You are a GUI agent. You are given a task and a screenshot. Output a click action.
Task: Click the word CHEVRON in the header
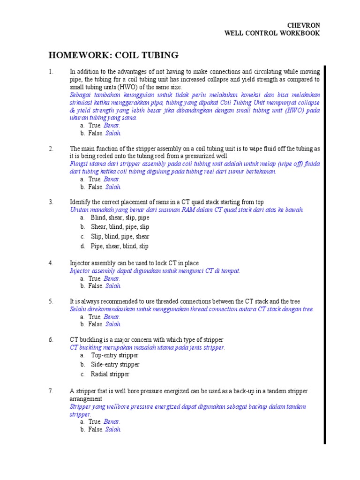click(x=304, y=25)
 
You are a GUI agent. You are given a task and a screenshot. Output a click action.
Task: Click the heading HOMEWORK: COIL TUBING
click(x=113, y=55)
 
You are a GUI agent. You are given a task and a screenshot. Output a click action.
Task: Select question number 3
click(x=51, y=202)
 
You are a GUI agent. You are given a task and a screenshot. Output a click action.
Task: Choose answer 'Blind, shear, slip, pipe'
click(x=120, y=217)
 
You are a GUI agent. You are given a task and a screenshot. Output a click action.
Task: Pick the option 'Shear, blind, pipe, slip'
click(x=120, y=227)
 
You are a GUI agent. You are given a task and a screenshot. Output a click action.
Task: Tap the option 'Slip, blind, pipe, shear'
click(x=120, y=237)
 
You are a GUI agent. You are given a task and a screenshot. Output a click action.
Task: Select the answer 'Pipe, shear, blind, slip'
click(x=120, y=246)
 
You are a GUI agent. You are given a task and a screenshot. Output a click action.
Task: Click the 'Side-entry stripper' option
click(x=115, y=364)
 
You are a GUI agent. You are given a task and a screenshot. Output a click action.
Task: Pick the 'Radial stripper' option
click(x=110, y=374)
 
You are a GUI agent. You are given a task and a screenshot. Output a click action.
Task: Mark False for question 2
click(x=96, y=187)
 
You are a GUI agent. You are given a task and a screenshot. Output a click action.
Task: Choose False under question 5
click(x=96, y=324)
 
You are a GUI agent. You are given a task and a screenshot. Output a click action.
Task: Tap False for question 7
click(x=96, y=429)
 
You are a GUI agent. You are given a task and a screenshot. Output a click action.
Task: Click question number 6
click(x=51, y=339)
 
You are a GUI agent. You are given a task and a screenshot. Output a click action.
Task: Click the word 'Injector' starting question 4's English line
click(x=80, y=263)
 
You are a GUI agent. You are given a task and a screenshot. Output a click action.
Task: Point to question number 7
click(x=51, y=390)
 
